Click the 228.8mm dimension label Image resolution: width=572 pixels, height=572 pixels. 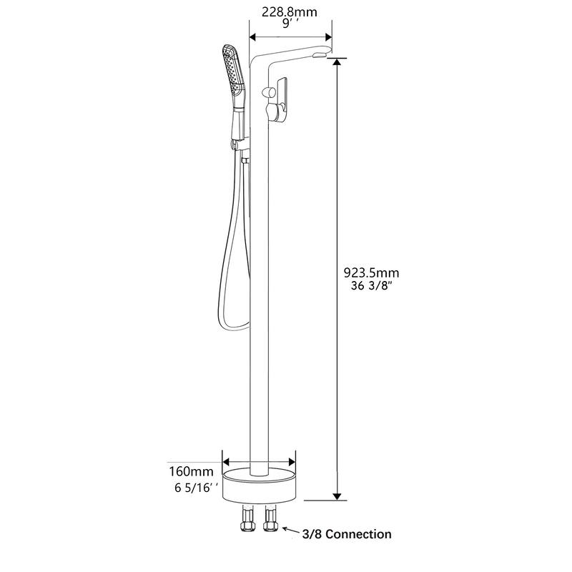coord(290,11)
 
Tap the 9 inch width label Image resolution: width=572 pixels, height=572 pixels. coord(290,24)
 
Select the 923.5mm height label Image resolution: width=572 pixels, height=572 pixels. coord(372,272)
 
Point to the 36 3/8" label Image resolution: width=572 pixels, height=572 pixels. coord(372,287)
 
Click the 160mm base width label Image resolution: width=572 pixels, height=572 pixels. coord(191,471)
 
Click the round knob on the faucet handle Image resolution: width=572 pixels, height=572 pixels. coord(270,92)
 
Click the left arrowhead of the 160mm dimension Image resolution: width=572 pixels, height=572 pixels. coord(227,461)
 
